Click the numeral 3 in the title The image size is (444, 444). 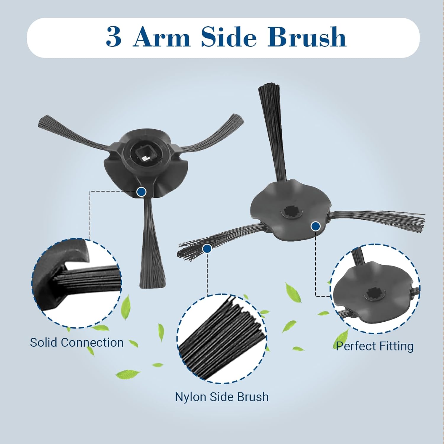pyautogui.click(x=114, y=37)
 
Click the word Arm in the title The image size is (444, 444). pyautogui.click(x=162, y=37)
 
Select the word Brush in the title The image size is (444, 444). pyautogui.click(x=307, y=37)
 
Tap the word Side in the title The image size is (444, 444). pyautogui.click(x=229, y=37)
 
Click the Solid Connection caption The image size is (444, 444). pyautogui.click(x=77, y=342)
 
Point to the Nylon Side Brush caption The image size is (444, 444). pyautogui.click(x=222, y=397)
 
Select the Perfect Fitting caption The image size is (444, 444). pyautogui.click(x=375, y=346)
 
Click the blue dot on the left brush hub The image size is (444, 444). pyautogui.click(x=141, y=192)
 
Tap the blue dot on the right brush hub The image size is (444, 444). pyautogui.click(x=316, y=227)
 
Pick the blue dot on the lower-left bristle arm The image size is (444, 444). pyautogui.click(x=207, y=249)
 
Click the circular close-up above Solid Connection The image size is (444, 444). pyautogui.click(x=77, y=283)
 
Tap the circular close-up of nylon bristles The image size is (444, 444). pyautogui.click(x=222, y=339)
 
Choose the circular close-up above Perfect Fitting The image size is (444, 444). pyautogui.click(x=375, y=289)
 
